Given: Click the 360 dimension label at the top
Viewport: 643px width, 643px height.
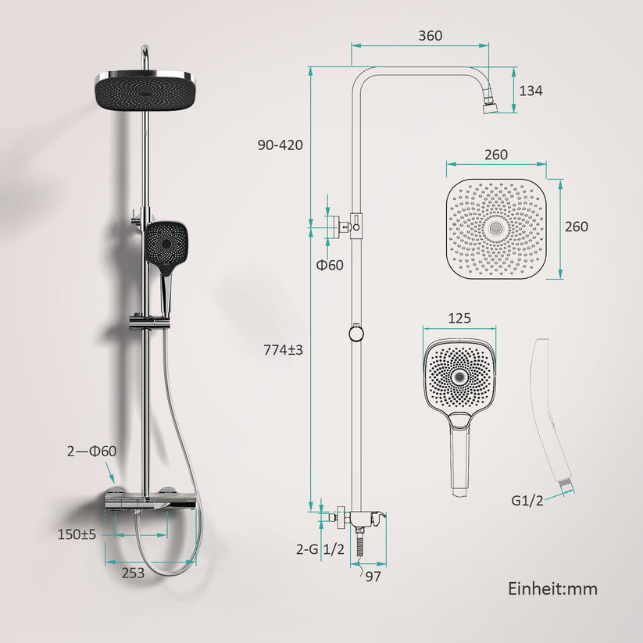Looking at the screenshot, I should coord(430,35).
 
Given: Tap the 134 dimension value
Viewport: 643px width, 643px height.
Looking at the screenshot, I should coord(530,91).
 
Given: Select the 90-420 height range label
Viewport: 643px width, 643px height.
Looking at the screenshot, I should coord(280,145).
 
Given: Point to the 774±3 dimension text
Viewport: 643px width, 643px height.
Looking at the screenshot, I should coord(283,351).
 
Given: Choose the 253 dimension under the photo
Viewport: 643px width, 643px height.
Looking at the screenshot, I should coord(134,572).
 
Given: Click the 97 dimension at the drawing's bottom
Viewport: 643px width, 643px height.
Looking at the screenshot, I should coord(373,577).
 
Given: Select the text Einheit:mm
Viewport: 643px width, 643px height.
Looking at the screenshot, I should coord(552,588).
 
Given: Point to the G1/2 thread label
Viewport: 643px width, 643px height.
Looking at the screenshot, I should coord(528,500).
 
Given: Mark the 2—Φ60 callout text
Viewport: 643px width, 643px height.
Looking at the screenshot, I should coord(92,451).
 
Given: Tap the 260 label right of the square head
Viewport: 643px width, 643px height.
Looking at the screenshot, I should coord(576,227).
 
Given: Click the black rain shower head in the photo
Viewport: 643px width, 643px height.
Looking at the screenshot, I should coord(146,91).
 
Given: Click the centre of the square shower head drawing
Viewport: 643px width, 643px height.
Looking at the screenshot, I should coord(496,227).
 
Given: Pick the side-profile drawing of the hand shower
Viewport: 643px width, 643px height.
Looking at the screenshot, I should coord(552,414).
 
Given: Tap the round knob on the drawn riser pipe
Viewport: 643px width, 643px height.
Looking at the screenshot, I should coord(355,334).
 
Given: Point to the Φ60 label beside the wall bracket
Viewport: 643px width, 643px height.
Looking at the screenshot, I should coord(329,266).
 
